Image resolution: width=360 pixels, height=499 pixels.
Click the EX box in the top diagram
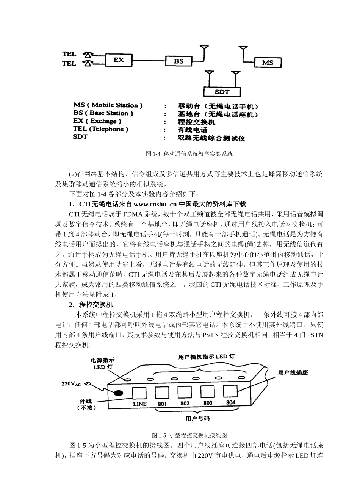click(118, 60)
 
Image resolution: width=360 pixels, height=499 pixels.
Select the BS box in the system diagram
click(178, 61)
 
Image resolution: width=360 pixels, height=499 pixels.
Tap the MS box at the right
click(268, 63)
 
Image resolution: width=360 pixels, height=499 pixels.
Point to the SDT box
click(222, 92)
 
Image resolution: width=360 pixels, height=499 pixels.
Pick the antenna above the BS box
click(204, 49)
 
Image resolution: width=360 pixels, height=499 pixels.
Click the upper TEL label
click(69, 55)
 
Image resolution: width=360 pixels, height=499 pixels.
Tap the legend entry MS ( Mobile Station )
click(108, 105)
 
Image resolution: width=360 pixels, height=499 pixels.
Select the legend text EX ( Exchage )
click(97, 121)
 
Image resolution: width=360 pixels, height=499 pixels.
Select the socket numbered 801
click(162, 393)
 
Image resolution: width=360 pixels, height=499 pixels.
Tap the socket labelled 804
click(230, 391)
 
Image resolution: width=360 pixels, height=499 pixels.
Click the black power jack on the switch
click(118, 393)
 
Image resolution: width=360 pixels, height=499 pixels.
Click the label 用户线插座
click(293, 373)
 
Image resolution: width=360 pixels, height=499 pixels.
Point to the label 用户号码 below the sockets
click(197, 419)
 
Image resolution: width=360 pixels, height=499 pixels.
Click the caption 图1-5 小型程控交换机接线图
click(189, 435)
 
